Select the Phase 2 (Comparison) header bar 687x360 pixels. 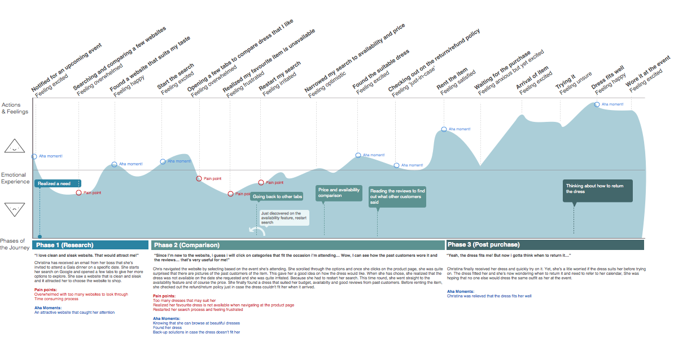coord(297,245)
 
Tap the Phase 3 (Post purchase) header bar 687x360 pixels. coord(545,245)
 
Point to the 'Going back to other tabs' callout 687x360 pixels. coord(277,196)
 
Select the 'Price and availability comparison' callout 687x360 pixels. coord(339,193)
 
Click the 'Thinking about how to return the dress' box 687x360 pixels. coord(598,189)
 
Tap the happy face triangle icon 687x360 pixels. coord(15,147)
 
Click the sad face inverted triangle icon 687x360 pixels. coord(15,209)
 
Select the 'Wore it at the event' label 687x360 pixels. coord(647,71)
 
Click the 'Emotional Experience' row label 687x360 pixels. coord(15,178)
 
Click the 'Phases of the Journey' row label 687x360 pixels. coord(14,244)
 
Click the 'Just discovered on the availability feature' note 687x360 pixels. coord(284,218)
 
